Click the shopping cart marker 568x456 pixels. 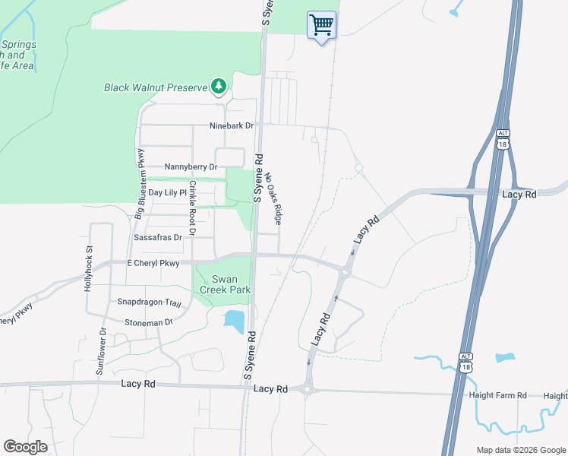[321, 25]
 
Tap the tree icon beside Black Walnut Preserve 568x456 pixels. [219, 86]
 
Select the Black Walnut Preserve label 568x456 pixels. [156, 87]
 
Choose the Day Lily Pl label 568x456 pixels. [167, 193]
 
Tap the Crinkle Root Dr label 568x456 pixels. [193, 208]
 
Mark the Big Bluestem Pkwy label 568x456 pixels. [140, 195]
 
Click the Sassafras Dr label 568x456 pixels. [158, 237]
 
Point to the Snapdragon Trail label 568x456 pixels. [150, 302]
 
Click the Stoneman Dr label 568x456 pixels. [150, 322]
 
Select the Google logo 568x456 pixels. [25, 447]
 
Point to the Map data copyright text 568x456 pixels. [520, 450]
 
